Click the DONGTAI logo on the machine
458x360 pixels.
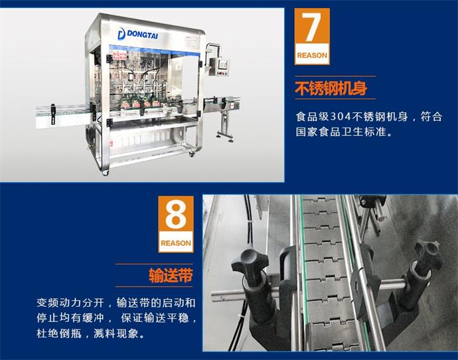point(137,34)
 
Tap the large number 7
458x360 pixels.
point(311,27)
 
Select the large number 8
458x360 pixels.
point(175,215)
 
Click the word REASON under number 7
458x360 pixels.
point(312,55)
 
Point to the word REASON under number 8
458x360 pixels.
point(176,243)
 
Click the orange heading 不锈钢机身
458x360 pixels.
point(331,88)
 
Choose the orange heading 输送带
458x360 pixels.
point(171,275)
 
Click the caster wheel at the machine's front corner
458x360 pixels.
point(105,173)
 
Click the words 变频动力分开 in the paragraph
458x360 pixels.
point(70,303)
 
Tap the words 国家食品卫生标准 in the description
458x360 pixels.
point(341,132)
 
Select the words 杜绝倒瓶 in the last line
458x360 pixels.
point(59,333)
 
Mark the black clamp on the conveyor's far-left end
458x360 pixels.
point(53,114)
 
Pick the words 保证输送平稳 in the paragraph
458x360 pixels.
point(155,318)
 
